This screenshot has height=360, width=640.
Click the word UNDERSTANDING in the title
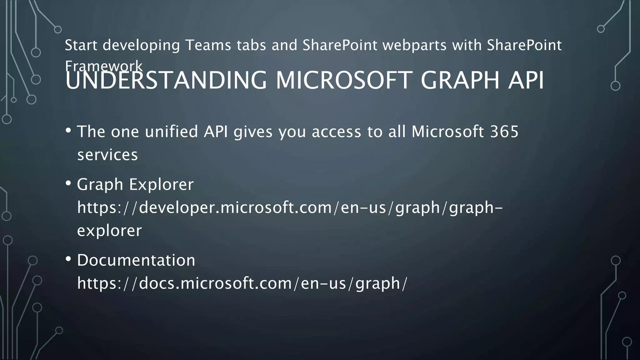166,81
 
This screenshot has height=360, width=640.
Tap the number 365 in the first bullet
504,132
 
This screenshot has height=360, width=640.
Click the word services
107,155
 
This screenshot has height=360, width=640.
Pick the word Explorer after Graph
162,184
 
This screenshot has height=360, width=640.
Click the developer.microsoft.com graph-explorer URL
290,207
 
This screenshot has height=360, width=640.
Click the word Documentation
136,260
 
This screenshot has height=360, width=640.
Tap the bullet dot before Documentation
68,259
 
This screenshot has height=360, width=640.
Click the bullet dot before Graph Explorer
68,183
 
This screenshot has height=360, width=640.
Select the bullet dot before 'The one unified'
68,130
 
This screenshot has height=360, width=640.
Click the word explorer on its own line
109,231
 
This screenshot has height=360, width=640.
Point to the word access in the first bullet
336,132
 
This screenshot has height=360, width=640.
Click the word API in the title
526,81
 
